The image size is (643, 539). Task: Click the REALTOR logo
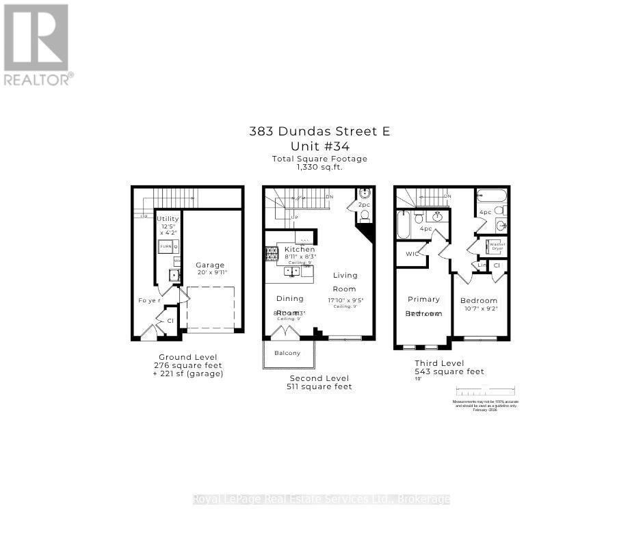coord(37,44)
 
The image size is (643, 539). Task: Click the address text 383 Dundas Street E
coord(319,131)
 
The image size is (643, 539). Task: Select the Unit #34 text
coord(319,146)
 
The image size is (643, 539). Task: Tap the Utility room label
coord(168,219)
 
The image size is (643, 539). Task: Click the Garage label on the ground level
coord(210,265)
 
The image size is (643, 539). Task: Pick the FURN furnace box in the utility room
coord(166,246)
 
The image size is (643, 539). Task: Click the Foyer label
coord(149,300)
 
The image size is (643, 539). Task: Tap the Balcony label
coord(287,353)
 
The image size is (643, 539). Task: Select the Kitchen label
coord(300,250)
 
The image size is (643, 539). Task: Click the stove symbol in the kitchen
coord(270,254)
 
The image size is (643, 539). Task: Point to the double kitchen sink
coord(292,271)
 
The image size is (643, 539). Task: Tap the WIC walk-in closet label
coord(412,254)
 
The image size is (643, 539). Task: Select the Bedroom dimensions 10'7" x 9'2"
coord(479,309)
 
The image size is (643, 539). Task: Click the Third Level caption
coord(439,363)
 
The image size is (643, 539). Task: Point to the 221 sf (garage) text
coord(188,374)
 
